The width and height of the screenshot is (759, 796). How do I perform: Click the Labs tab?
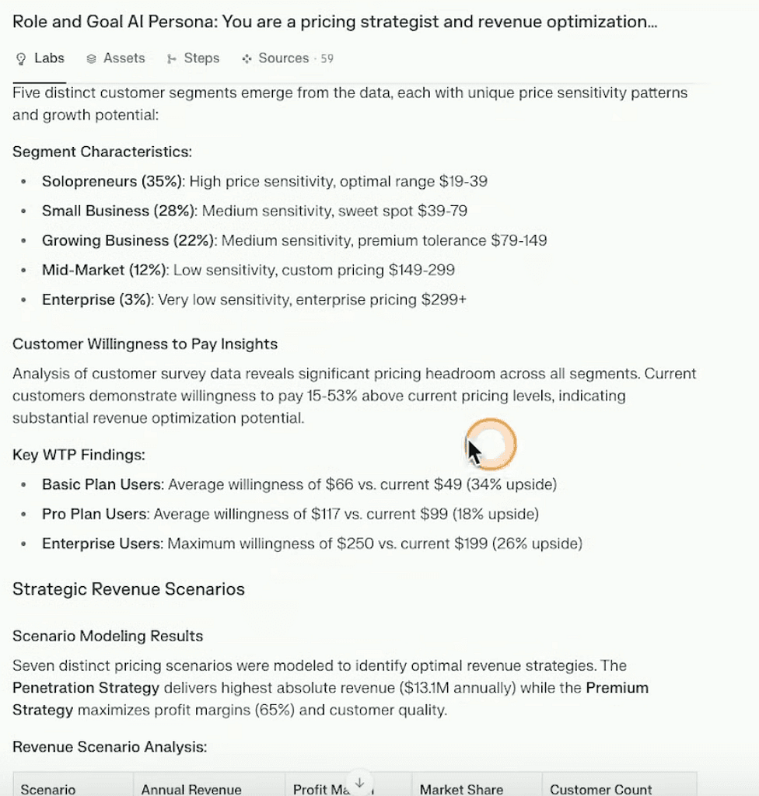click(40, 58)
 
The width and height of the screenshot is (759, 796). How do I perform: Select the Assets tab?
click(116, 58)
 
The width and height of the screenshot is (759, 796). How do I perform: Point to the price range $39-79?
click(442, 211)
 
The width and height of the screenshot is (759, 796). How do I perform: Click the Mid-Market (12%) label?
click(105, 270)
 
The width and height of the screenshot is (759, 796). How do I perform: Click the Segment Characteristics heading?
click(102, 152)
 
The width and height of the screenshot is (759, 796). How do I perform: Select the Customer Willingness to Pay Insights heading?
click(145, 344)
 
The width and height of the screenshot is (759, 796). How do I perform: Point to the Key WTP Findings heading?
click(79, 455)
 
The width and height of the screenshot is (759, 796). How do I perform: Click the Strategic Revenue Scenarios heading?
click(128, 589)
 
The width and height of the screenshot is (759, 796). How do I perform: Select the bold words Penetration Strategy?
click(86, 688)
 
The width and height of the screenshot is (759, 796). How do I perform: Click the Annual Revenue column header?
click(191, 789)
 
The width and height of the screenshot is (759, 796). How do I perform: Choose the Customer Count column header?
click(601, 789)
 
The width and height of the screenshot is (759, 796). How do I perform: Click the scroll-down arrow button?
click(359, 783)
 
